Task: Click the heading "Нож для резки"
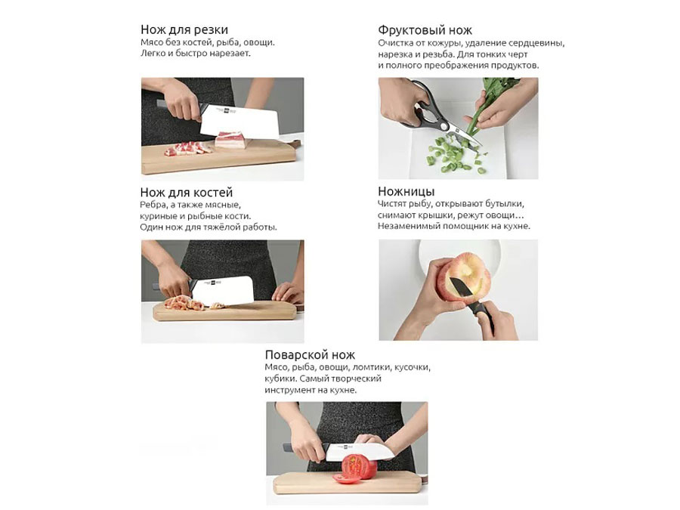184,29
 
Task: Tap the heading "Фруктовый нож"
425,30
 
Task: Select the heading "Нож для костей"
187,192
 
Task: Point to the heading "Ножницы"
406,191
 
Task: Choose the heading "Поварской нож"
310,355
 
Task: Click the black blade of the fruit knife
459,289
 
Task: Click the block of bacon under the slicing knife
231,140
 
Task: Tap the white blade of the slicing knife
240,121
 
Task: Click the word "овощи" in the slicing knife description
258,42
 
